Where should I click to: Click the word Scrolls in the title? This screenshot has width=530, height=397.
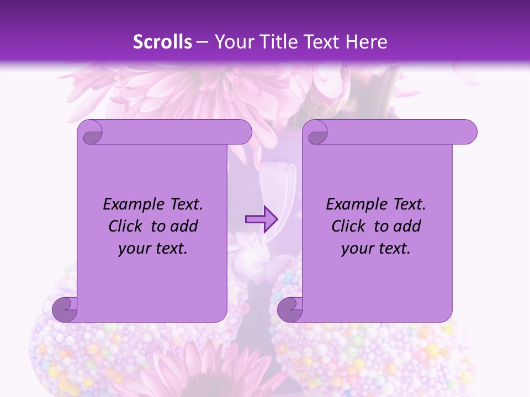coord(163,42)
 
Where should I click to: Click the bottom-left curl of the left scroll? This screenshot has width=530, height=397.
coord(65,309)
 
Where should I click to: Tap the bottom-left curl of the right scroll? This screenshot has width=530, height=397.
coord(290,309)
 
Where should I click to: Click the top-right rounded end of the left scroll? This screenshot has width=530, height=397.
coord(242,132)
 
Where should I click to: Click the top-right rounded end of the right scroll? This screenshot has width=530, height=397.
coord(468,132)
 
